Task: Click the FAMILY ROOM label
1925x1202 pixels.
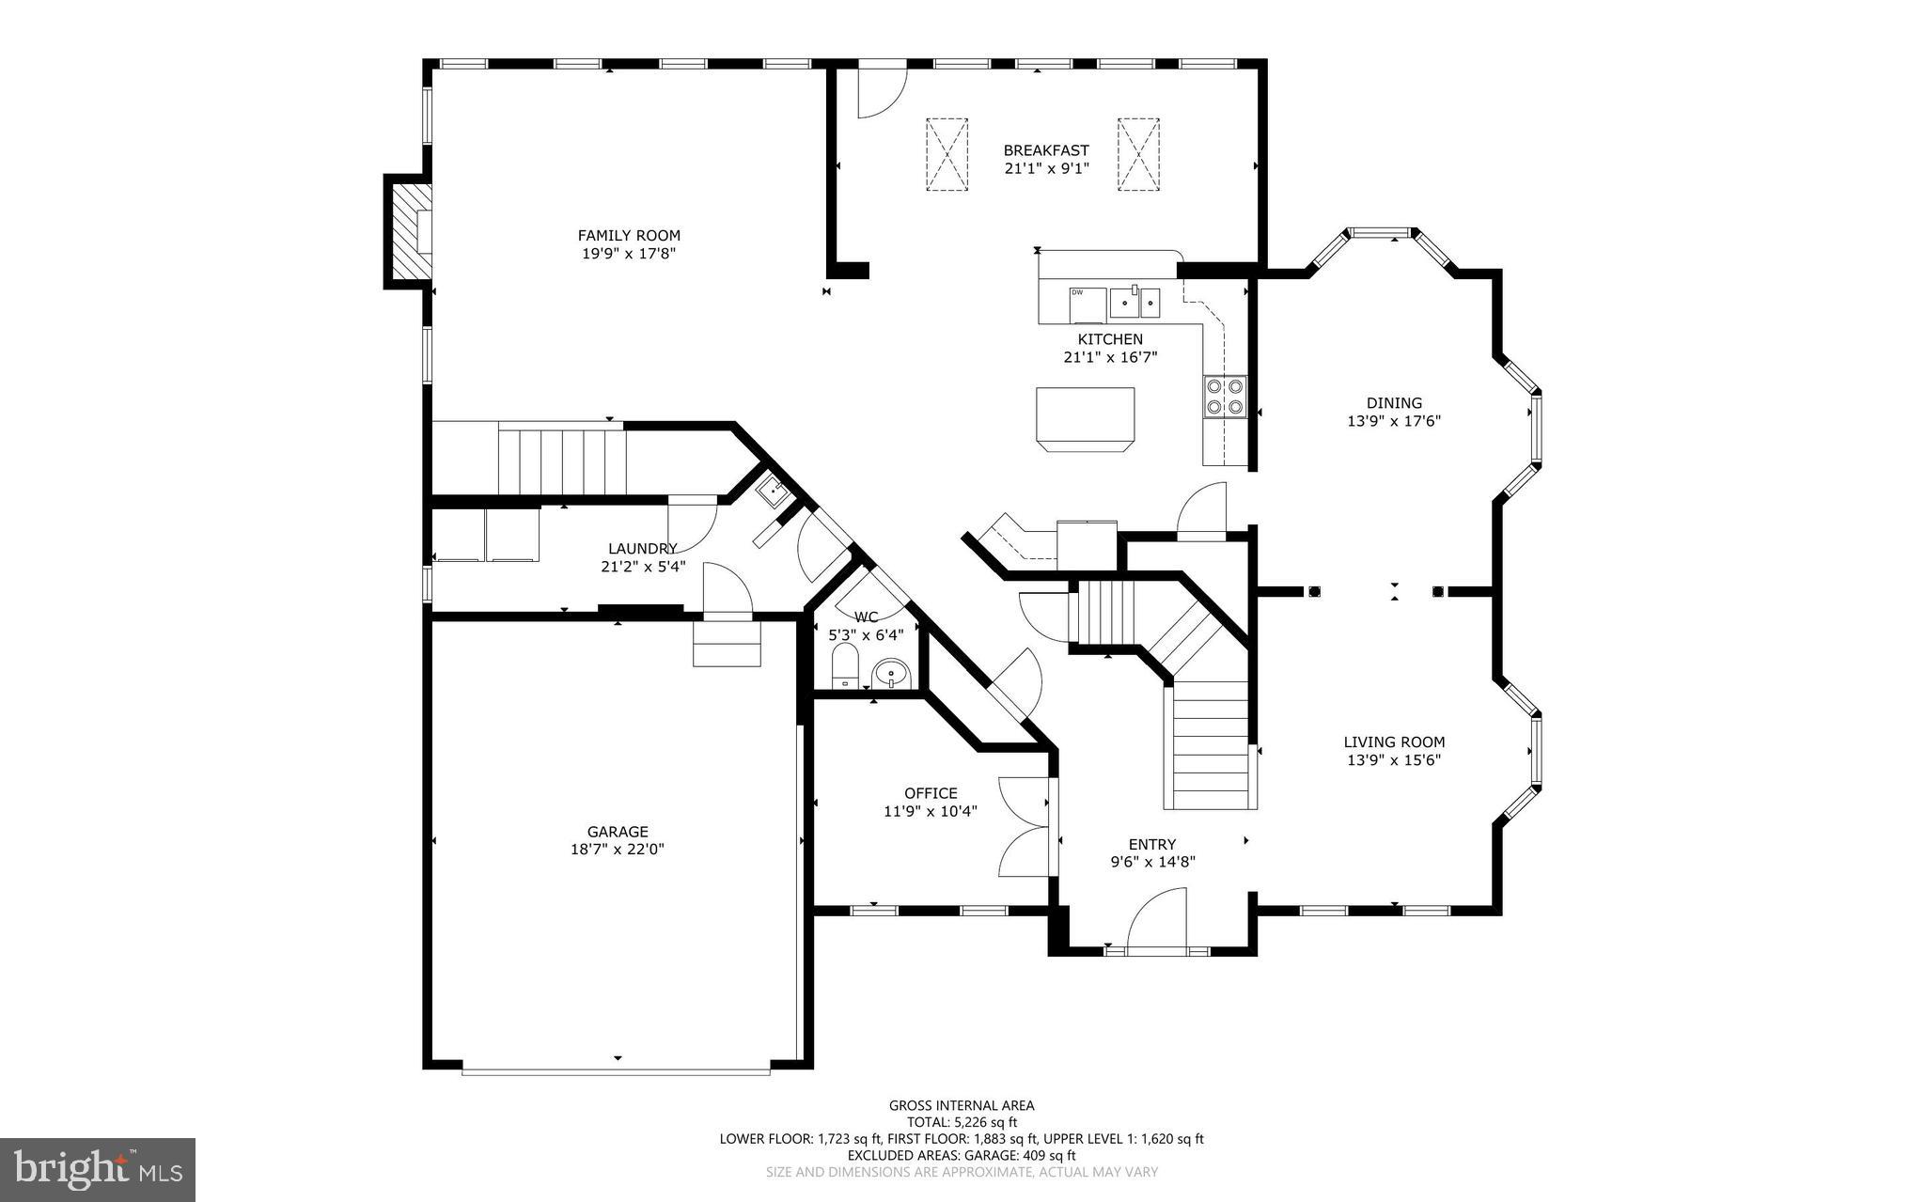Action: coord(629,235)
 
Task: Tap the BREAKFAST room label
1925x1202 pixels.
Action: coord(1046,150)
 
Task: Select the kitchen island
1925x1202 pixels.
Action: coord(1086,419)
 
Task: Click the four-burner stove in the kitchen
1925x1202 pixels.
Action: coord(1225,396)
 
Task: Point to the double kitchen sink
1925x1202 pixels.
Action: coord(1135,303)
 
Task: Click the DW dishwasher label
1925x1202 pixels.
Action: coord(1077,292)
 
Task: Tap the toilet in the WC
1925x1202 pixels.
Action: coord(846,664)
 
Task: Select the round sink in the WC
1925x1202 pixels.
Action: coord(890,673)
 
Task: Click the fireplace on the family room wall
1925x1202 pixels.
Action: coord(407,231)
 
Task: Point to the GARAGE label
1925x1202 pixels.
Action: coord(618,832)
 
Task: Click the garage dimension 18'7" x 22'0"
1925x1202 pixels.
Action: coord(618,850)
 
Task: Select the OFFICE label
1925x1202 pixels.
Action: coord(931,793)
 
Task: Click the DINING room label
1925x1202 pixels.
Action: coord(1394,403)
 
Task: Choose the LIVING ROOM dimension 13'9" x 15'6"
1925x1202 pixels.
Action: coord(1394,759)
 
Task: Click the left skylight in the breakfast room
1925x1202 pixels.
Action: coord(947,154)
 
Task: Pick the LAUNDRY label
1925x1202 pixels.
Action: coord(643,549)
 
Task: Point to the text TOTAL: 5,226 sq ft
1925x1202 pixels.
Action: coord(962,1122)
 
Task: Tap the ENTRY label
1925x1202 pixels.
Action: coord(1152,844)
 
